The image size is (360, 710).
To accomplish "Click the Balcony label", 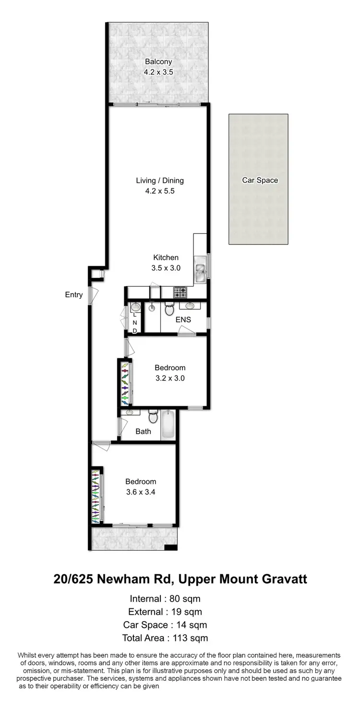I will click(x=158, y=62).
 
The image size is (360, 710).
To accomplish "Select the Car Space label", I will click(x=260, y=180).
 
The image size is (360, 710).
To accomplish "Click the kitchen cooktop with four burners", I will click(x=180, y=292).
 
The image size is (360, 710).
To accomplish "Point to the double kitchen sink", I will click(x=201, y=270).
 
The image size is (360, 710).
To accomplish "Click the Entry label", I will click(x=74, y=295).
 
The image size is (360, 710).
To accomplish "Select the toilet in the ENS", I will click(x=168, y=309).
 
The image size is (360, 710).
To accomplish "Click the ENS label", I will click(x=183, y=319).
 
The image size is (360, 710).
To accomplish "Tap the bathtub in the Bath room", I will click(x=168, y=425).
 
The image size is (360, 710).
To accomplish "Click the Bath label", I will click(x=143, y=431).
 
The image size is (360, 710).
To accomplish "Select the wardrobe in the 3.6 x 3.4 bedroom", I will click(x=96, y=494).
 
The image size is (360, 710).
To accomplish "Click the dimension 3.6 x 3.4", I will click(x=141, y=492).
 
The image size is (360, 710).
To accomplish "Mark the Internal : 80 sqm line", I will click(x=165, y=599).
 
